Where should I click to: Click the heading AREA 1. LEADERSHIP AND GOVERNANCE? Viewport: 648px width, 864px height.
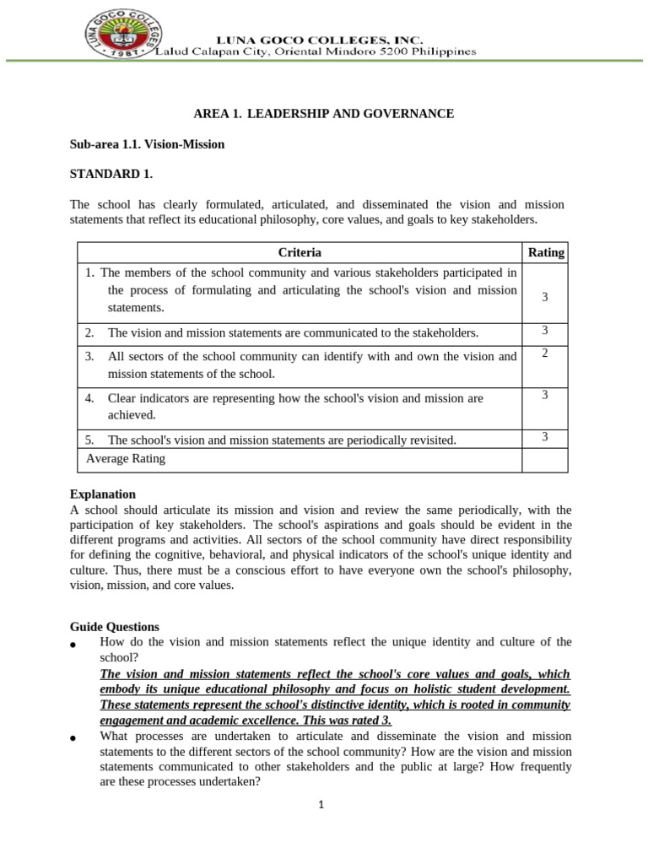coord(324,114)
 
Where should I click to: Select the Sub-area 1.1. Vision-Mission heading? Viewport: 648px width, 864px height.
coord(147,144)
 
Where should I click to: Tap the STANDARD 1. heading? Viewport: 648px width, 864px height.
coord(111,175)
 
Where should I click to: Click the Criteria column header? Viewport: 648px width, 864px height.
coord(300,252)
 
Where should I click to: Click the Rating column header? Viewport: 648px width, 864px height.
coord(545,252)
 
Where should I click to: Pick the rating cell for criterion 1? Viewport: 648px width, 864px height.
coord(545,297)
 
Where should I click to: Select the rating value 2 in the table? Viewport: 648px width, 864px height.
coord(545,353)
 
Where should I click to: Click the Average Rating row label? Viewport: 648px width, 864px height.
coord(126,459)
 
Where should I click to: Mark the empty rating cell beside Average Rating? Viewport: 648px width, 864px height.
coord(545,460)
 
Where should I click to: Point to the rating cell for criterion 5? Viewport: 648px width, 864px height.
coord(545,436)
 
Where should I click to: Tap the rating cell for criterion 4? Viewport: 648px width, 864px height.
coord(545,395)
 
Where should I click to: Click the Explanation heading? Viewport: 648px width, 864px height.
coord(102,494)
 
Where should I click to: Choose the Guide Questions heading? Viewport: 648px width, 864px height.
coord(114,627)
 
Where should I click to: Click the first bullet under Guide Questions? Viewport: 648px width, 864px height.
coord(73,645)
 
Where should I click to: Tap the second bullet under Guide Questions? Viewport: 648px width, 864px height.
coord(73,738)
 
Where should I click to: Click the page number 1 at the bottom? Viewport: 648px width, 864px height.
coord(321,805)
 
